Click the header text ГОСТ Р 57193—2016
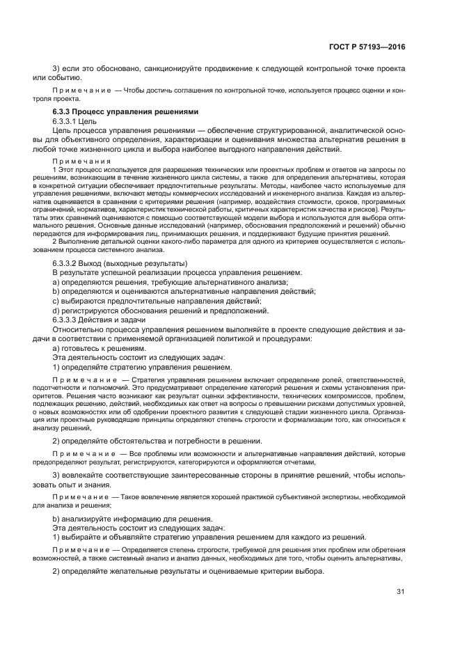[367, 47]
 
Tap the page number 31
[400, 592]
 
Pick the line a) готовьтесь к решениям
[100, 347]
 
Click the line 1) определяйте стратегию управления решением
[143, 366]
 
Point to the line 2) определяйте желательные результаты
[189, 571]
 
